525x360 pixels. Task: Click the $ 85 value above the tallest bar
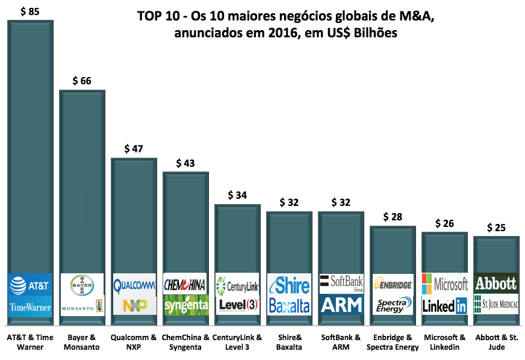coord(30,11)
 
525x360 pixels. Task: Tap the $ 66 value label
coord(81,81)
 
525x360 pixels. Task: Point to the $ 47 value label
coord(134,149)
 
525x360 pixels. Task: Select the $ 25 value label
coord(495,228)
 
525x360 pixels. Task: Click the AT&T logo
coord(30,284)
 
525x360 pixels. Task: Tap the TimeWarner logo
coord(30,306)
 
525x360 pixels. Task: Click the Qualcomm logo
coord(134,284)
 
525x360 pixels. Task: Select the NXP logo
coord(134,305)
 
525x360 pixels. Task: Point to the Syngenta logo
coord(185,305)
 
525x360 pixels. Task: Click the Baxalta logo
coord(288,305)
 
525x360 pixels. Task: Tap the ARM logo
coord(341,305)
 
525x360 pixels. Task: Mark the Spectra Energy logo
coord(392,305)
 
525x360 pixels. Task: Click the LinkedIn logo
coord(444,306)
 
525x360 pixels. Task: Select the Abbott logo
coord(495,283)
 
